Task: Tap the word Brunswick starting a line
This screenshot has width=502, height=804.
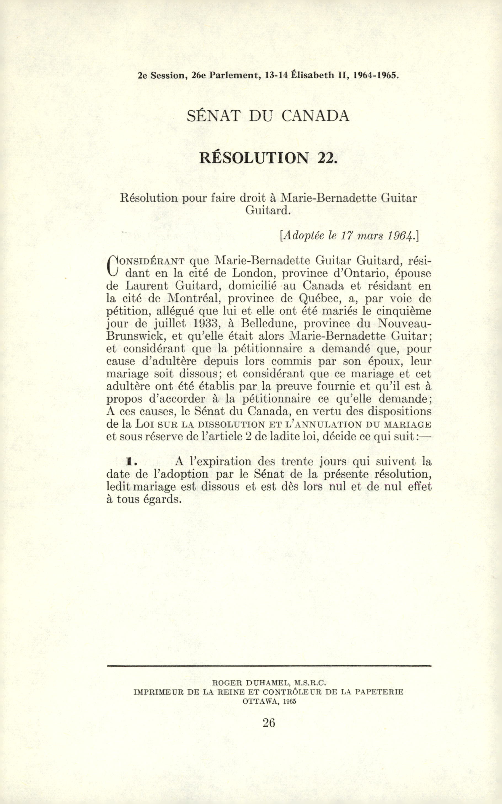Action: pyautogui.click(x=135, y=336)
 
